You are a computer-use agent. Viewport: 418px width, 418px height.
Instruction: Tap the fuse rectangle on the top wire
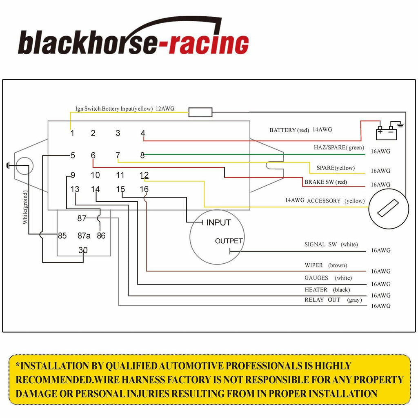(x=200, y=112)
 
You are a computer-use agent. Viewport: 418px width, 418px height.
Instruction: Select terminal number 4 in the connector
(x=143, y=133)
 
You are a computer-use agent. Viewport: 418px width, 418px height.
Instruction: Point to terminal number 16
(x=144, y=189)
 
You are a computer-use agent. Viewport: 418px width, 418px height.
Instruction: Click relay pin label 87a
(x=84, y=236)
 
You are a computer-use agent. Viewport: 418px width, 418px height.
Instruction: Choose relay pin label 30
(x=83, y=250)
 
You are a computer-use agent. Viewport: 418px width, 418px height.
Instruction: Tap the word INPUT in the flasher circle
(x=218, y=222)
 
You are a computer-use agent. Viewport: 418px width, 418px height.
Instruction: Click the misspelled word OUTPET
(x=229, y=241)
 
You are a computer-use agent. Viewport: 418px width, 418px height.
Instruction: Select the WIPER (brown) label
(x=326, y=265)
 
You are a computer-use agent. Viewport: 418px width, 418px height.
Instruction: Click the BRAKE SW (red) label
(x=326, y=182)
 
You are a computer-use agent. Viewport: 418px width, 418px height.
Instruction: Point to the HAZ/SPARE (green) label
(x=339, y=147)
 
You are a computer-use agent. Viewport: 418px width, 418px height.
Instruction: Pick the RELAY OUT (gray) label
(x=333, y=300)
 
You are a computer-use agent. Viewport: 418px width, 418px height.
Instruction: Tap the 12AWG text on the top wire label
(x=165, y=109)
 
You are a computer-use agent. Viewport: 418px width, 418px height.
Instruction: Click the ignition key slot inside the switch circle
(x=388, y=208)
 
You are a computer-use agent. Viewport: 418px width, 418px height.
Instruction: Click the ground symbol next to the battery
(x=400, y=124)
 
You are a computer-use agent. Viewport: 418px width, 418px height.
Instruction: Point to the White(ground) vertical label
(x=25, y=207)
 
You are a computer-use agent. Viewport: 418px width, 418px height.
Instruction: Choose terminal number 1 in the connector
(x=72, y=133)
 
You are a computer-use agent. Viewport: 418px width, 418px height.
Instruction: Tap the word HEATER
(x=316, y=289)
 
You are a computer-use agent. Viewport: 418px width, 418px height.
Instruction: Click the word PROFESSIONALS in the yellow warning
(x=264, y=366)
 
